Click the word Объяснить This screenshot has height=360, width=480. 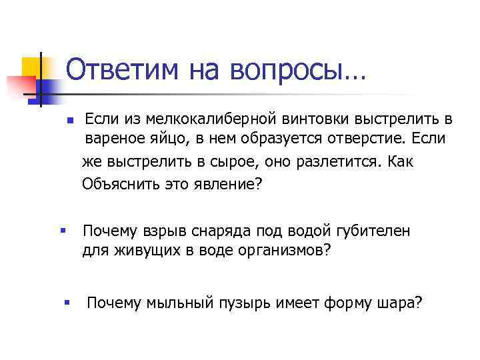[118, 184]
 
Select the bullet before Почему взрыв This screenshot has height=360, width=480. [61, 231]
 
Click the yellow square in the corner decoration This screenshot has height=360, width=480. [32, 67]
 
